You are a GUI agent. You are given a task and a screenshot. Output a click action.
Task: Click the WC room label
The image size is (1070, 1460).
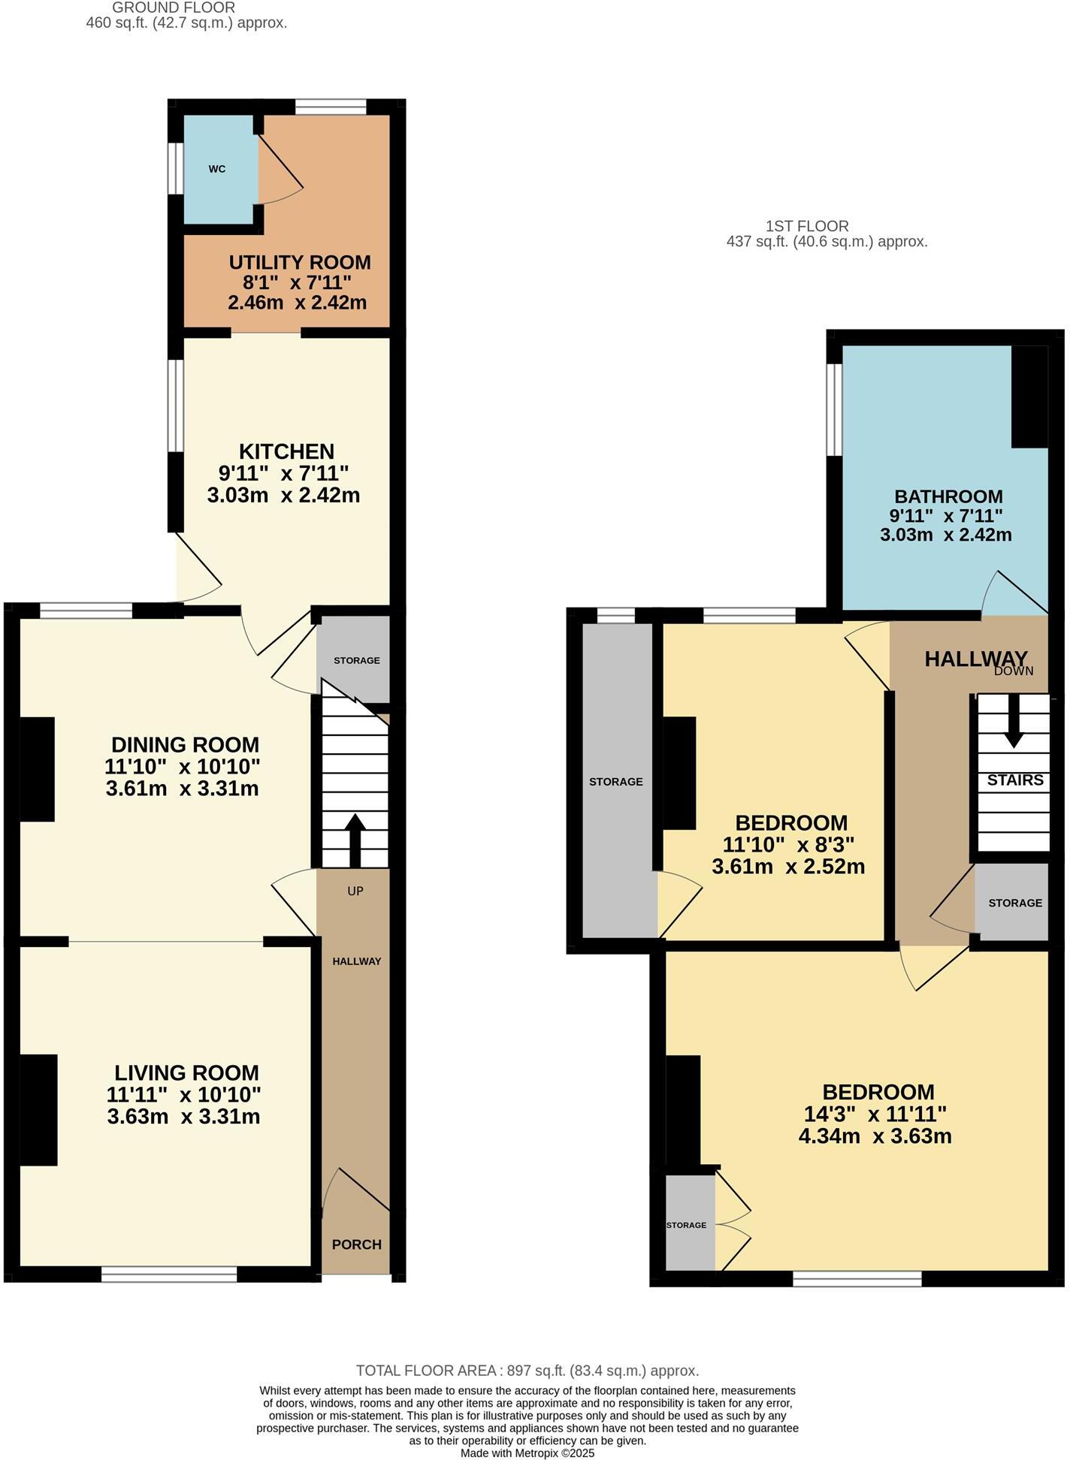217,169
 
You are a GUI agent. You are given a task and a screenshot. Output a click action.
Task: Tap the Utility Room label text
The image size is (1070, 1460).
299,263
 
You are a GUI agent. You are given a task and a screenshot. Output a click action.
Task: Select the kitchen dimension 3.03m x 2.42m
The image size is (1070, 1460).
283,496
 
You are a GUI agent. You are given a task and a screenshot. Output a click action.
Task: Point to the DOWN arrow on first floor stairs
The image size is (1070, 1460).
1014,722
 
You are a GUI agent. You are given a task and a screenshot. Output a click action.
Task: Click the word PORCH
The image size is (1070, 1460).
357,1244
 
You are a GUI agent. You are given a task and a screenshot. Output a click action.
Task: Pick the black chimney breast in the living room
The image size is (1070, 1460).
38,1110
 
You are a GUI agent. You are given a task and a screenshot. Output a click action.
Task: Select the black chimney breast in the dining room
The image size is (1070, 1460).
37,769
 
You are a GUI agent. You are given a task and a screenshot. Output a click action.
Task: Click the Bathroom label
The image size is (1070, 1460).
948,496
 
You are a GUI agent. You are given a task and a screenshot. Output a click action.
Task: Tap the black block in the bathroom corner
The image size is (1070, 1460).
1029,397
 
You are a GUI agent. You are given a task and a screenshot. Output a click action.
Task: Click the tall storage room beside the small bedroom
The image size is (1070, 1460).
616,781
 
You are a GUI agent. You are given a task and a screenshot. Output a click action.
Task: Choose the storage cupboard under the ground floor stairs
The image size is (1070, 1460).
356,660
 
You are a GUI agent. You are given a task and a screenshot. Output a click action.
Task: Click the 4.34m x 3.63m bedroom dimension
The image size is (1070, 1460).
875,1136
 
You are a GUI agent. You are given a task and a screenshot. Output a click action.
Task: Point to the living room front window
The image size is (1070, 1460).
169,1274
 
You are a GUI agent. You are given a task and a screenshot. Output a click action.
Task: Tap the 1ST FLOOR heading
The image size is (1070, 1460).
807,226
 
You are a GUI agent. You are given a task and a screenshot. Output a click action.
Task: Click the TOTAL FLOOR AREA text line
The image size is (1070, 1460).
527,1370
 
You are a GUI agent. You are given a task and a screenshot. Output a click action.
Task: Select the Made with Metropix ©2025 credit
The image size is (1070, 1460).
527,1453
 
